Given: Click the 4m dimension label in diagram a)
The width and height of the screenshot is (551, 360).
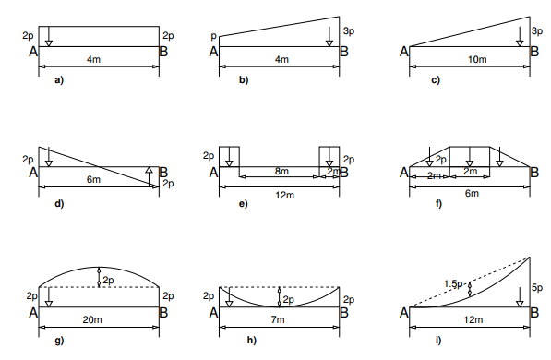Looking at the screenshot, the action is [x=93, y=59].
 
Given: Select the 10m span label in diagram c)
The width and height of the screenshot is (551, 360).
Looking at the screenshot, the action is [x=477, y=59].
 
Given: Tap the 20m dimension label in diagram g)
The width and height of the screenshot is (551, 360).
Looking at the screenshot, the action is [x=92, y=319].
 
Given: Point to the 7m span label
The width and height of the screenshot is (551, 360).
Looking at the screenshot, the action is [x=278, y=319].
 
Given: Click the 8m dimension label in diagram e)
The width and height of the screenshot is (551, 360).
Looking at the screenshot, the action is [x=281, y=171].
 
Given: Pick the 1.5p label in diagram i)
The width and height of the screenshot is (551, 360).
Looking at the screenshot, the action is [x=453, y=284].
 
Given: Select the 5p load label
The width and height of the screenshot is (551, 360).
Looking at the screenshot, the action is [x=537, y=288].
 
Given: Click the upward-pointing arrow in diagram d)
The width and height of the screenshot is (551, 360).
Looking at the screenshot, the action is [x=149, y=177].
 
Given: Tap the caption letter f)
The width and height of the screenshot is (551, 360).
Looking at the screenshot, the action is [x=438, y=204].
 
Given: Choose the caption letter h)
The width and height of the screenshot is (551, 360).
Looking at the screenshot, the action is [x=252, y=341].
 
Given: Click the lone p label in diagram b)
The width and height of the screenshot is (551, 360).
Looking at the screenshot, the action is [x=213, y=36].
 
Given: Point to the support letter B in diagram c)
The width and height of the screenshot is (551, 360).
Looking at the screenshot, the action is [x=534, y=52].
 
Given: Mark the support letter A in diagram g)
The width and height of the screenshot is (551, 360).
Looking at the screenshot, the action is [x=33, y=313].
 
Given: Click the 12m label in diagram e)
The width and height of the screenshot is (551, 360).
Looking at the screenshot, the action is [x=284, y=195].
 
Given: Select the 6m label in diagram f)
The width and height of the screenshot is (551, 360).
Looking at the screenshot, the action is [x=472, y=193].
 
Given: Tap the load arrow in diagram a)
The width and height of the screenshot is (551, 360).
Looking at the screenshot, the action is [x=49, y=36].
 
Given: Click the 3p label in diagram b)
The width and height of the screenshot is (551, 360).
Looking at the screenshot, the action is [x=349, y=31].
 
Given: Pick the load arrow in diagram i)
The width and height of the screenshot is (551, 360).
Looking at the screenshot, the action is [x=520, y=297].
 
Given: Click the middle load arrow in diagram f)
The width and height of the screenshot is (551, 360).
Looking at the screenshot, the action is [x=470, y=157].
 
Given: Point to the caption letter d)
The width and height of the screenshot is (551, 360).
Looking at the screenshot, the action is [x=59, y=204].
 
